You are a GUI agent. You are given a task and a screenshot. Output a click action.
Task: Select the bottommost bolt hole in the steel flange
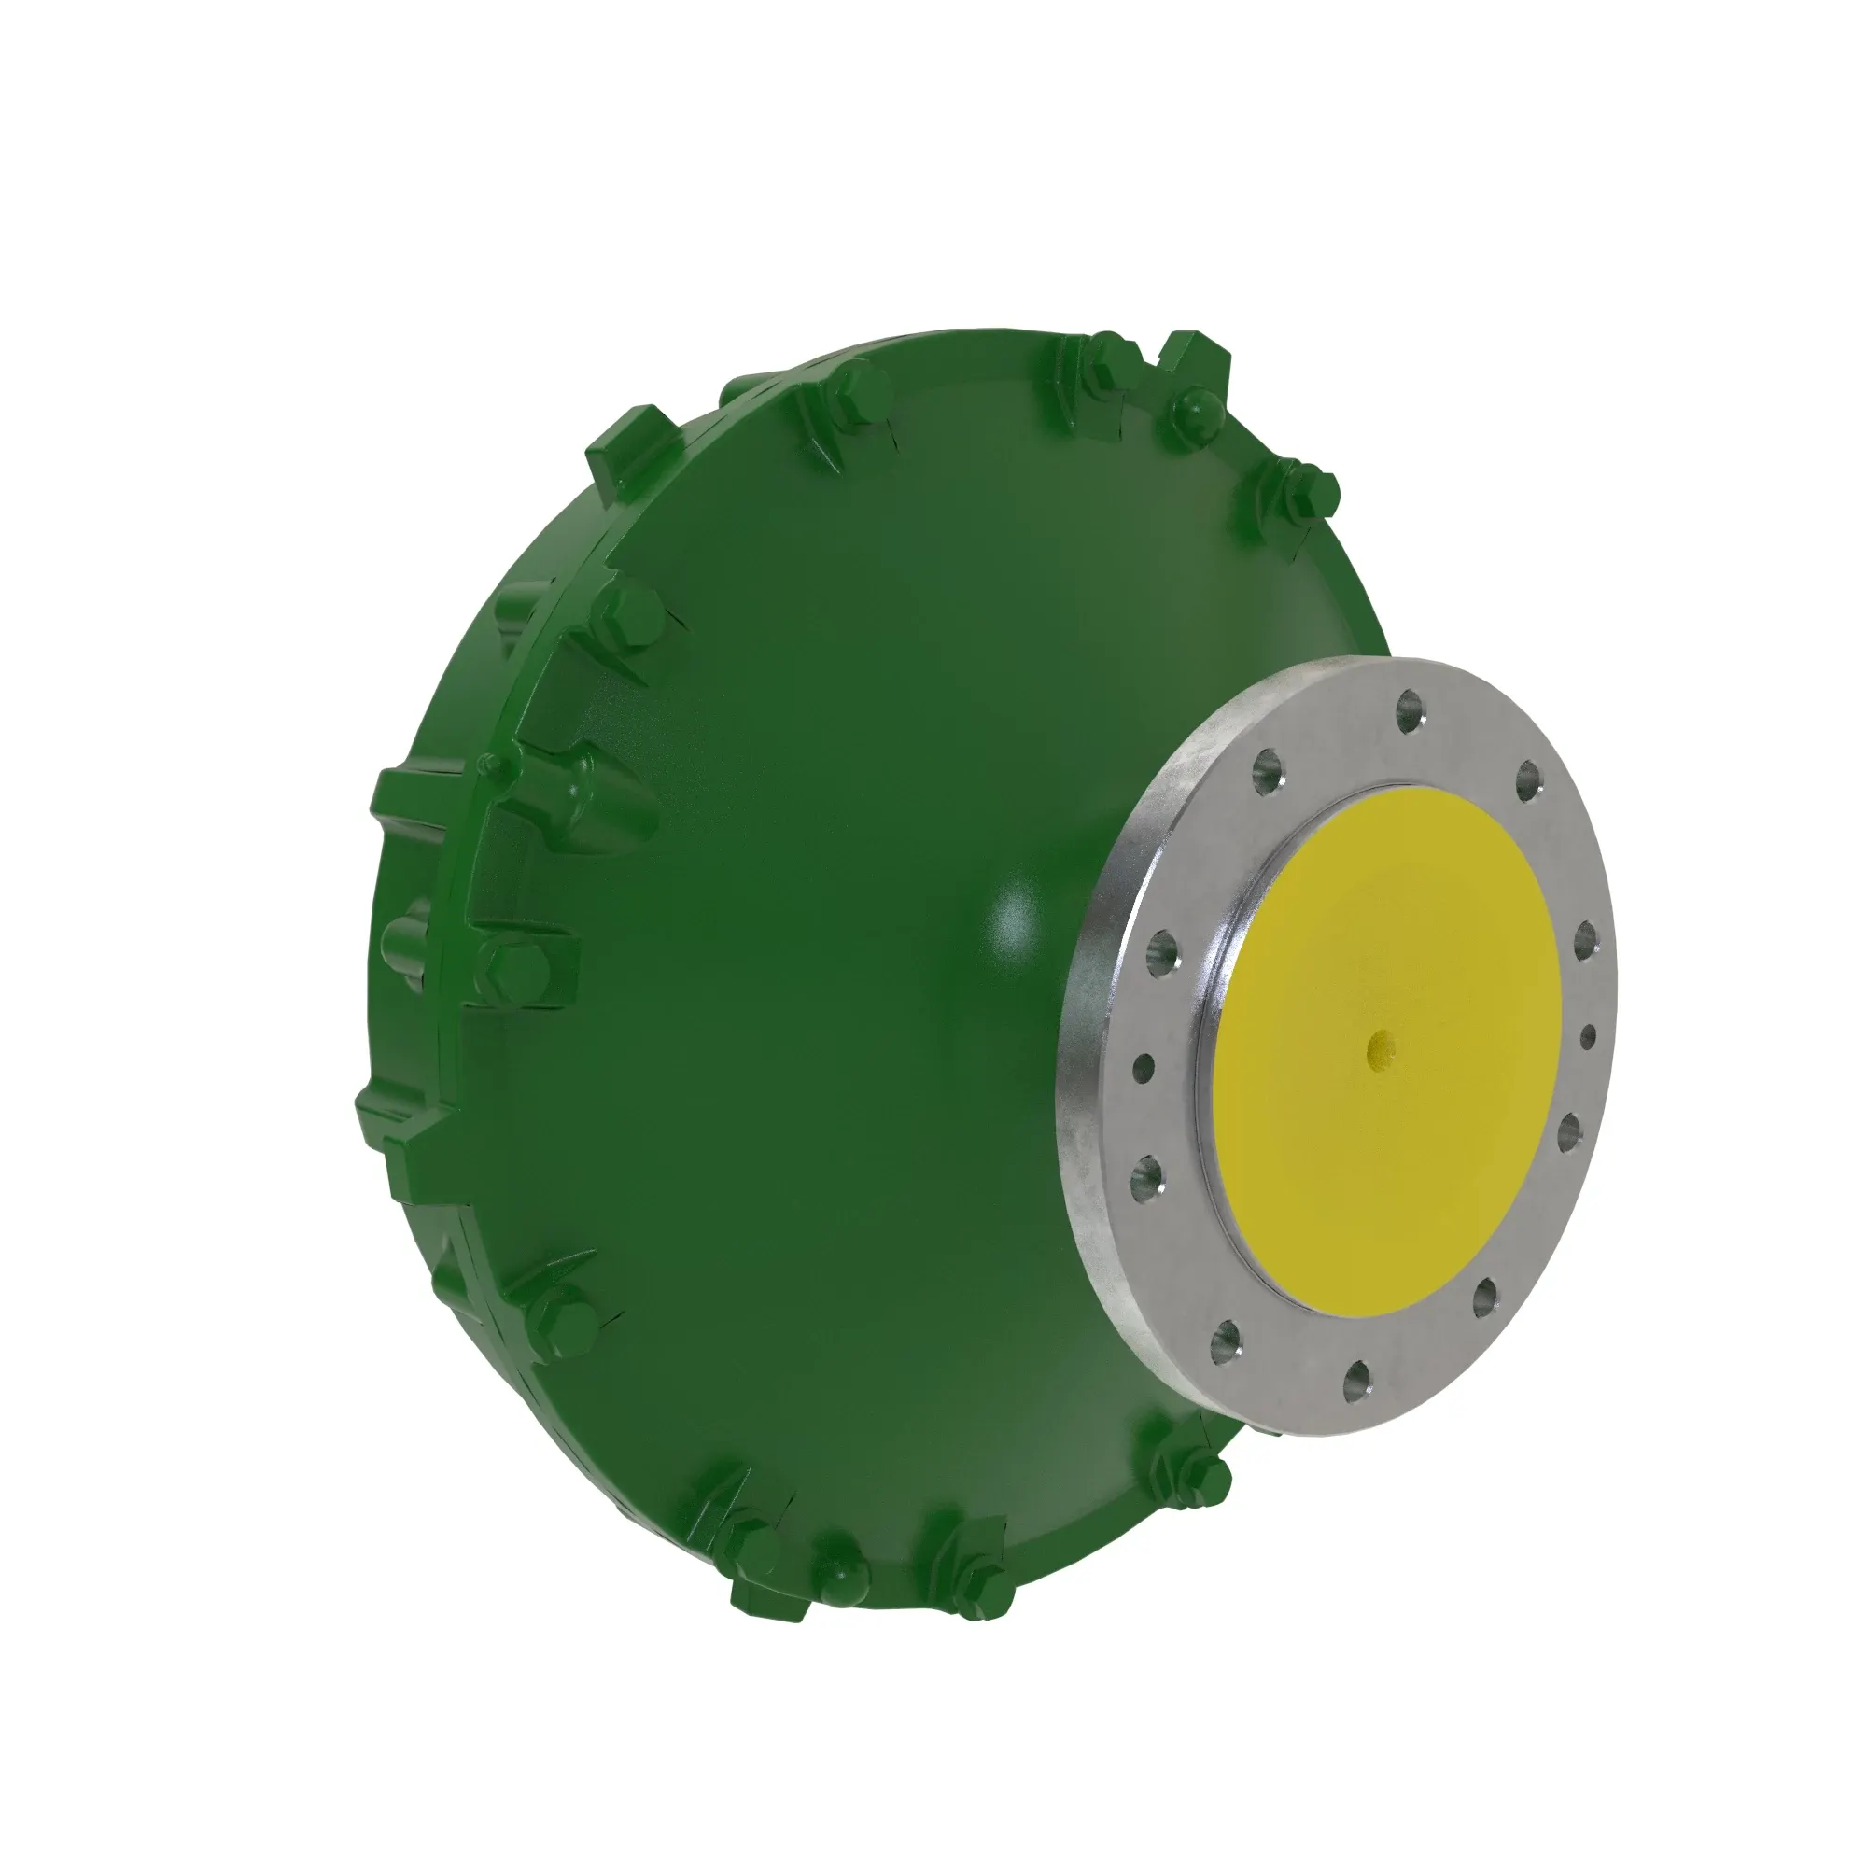pyautogui.click(x=1358, y=1378)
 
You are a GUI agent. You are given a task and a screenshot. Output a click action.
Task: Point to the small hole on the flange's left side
pyautogui.click(x=1144, y=1068)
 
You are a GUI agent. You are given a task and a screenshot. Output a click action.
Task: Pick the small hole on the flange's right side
pyautogui.click(x=1588, y=1038)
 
